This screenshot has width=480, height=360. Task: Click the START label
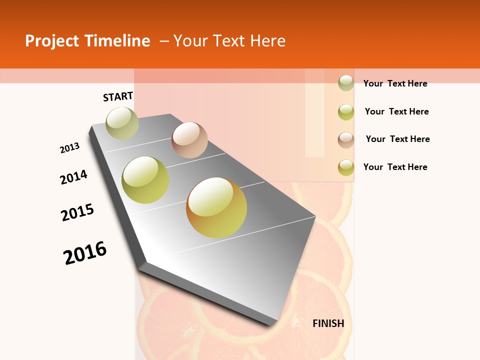(118, 96)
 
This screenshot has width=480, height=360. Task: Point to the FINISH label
(328, 323)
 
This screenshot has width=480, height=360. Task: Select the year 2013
(70, 148)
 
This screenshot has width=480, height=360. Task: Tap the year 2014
(73, 177)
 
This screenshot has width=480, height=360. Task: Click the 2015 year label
(77, 212)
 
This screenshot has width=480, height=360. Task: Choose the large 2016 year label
(85, 252)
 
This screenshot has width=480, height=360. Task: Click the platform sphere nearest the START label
(122, 123)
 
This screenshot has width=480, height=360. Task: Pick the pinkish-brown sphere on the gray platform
(189, 140)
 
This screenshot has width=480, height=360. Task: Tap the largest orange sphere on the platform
(216, 207)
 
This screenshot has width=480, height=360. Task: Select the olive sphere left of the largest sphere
(145, 180)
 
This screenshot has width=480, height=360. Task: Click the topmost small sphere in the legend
(346, 82)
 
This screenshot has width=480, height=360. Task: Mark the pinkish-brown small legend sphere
(346, 139)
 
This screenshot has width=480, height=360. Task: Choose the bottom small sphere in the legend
(346, 167)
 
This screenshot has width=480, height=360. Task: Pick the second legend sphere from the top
(346, 111)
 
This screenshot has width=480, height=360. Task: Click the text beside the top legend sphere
(395, 83)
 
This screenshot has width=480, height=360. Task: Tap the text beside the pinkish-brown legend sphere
(397, 139)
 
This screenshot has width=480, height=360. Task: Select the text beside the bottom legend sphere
(395, 167)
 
